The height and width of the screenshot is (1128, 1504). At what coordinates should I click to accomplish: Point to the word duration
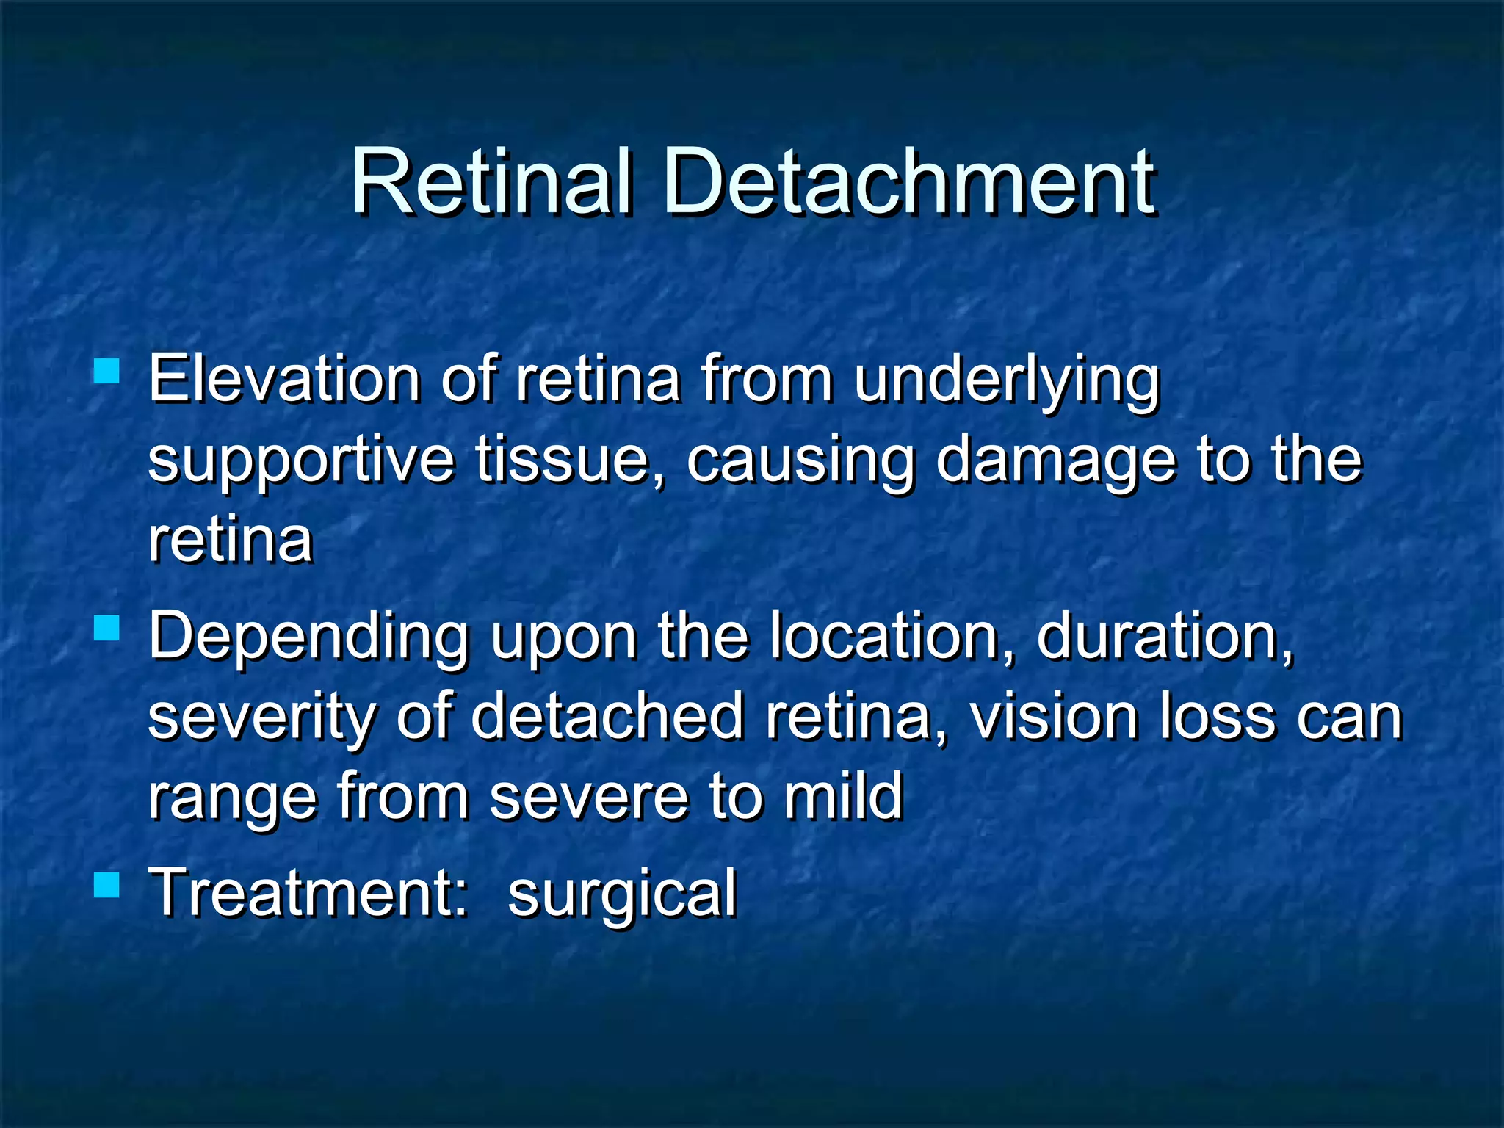tap(1165, 636)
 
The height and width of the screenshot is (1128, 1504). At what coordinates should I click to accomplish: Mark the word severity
tap(261, 717)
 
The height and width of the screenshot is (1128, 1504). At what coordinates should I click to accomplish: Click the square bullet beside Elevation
tap(107, 371)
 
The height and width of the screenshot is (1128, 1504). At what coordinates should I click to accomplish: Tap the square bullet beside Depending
tap(107, 628)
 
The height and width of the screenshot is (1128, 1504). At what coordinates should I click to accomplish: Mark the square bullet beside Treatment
tap(107, 885)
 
